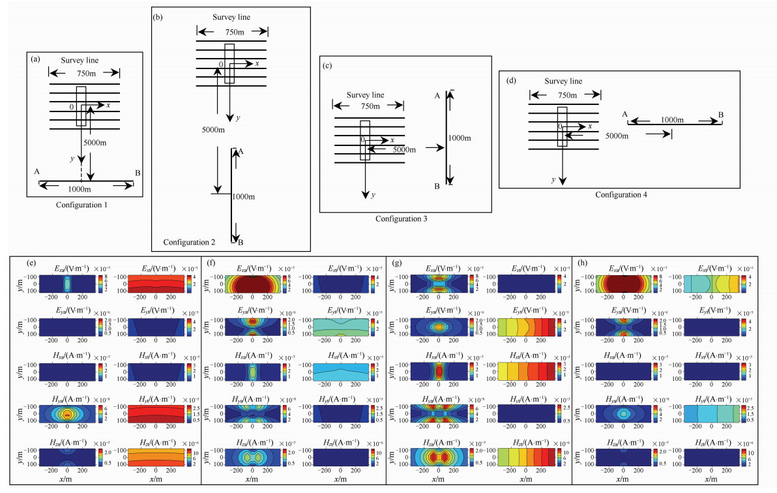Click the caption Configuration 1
(82, 205)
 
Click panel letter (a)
(37, 59)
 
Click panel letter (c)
(327, 65)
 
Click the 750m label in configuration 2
(233, 31)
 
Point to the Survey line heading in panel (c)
(365, 95)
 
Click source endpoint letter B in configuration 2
(241, 243)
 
